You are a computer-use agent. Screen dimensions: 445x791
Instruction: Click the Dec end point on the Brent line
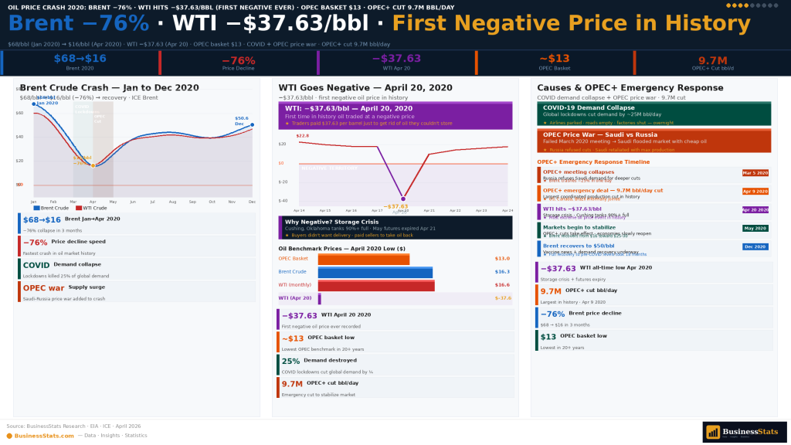[x=252, y=124]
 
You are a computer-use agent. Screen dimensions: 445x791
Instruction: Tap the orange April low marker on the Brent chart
[x=93, y=165]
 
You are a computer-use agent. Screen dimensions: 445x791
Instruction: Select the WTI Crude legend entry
[x=93, y=208]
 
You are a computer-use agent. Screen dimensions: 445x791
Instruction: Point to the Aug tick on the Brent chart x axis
[x=172, y=202]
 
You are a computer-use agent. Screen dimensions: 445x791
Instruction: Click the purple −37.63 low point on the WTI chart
[x=402, y=199]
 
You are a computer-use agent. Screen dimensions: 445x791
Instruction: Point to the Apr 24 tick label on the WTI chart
[x=507, y=210]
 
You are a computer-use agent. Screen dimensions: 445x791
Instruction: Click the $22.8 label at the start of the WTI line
[x=302, y=136]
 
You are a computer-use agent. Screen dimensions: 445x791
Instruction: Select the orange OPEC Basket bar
[x=363, y=259]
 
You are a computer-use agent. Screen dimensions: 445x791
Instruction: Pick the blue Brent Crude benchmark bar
[x=375, y=272]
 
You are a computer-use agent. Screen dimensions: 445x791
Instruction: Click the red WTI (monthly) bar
[x=375, y=285]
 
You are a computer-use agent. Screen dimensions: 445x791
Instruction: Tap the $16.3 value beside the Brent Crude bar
[x=502, y=272]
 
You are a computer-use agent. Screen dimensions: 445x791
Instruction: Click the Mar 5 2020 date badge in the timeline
[x=755, y=173]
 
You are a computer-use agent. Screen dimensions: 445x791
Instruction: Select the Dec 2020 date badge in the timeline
[x=755, y=246]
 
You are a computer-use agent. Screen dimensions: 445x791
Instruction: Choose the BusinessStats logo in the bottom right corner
[x=744, y=432]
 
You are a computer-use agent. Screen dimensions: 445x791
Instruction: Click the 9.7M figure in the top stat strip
[x=712, y=60]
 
